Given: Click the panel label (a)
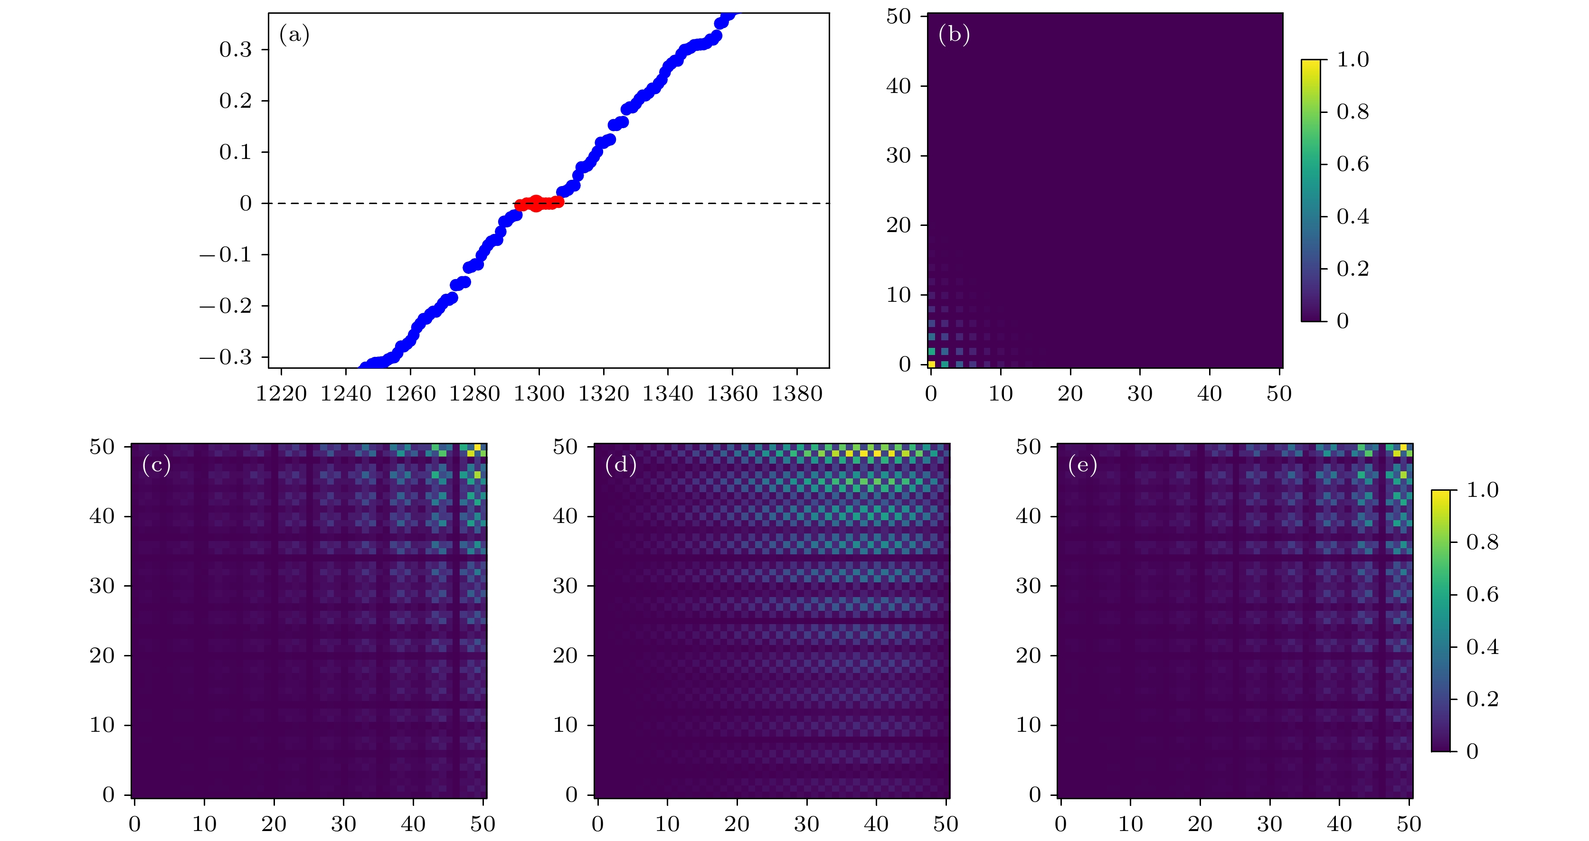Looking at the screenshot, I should (294, 35).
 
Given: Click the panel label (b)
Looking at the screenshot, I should (954, 35).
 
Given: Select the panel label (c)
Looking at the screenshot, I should (156, 465).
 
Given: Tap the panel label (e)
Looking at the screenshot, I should (1083, 465).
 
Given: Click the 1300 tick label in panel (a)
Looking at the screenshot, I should (539, 393).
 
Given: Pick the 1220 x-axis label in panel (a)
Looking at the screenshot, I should (281, 393).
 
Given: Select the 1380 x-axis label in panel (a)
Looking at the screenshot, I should (797, 393).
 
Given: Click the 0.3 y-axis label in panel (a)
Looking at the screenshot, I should (236, 49).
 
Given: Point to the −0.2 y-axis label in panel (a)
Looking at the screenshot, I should (226, 306).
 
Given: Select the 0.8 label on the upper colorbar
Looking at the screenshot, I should (1352, 112).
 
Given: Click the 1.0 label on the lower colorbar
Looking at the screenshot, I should (1482, 490).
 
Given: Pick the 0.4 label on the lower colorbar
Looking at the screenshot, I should (1482, 647).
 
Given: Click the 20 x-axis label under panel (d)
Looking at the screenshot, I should (737, 824).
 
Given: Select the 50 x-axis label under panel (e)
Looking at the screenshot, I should (1409, 824).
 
